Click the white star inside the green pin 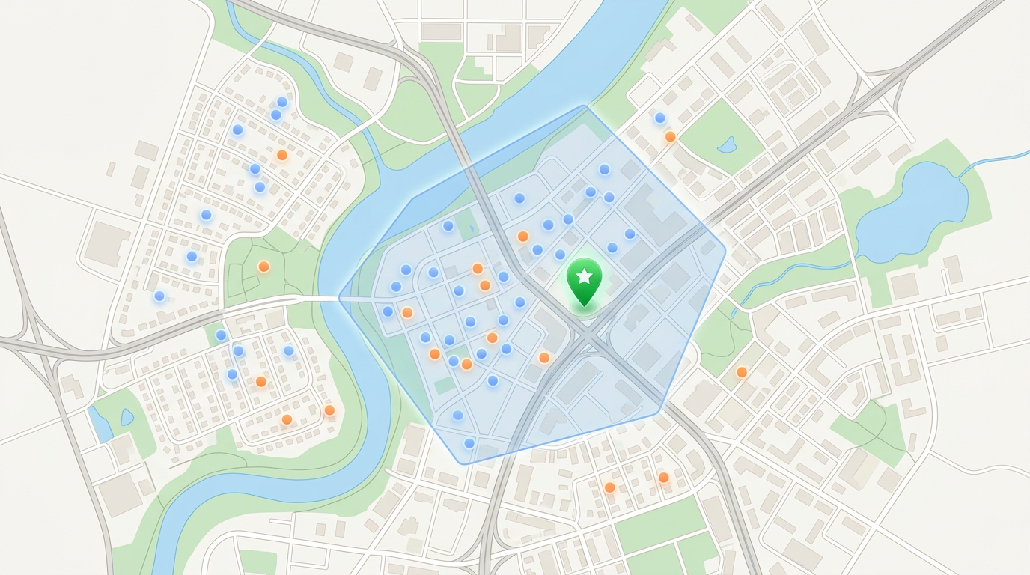[x=585, y=276]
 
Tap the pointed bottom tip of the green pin [x=585, y=306]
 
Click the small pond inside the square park [x=726, y=145]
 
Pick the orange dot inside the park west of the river [x=263, y=267]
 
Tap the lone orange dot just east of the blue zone [x=742, y=372]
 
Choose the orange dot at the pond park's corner [x=671, y=137]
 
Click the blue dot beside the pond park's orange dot [x=660, y=118]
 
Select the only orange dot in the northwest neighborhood [x=282, y=156]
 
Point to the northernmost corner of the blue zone [x=584, y=106]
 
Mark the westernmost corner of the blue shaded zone [x=340, y=298]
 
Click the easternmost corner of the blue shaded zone [x=725, y=246]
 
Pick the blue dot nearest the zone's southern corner [x=469, y=443]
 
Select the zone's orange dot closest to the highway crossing [x=544, y=358]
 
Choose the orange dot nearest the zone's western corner [x=407, y=313]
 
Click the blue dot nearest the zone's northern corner [x=604, y=170]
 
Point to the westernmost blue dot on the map [x=159, y=296]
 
